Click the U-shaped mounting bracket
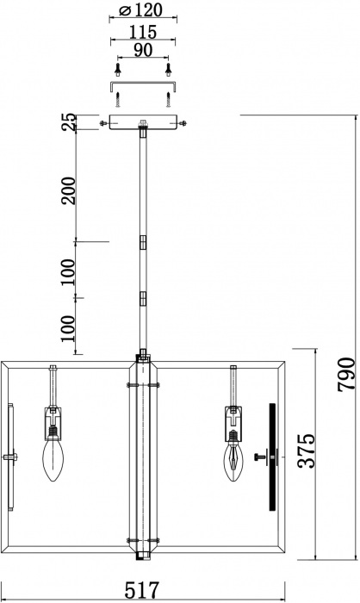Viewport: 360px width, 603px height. (x=143, y=86)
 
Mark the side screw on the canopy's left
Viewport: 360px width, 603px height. (x=104, y=124)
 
